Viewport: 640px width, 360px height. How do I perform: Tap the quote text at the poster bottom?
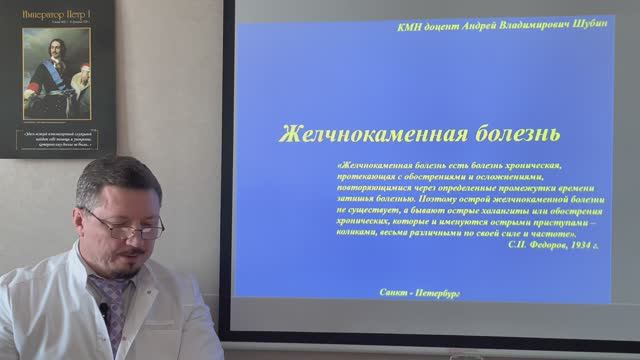(57, 140)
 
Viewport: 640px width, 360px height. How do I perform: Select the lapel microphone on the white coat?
(103, 313)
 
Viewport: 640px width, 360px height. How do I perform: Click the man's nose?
(141, 239)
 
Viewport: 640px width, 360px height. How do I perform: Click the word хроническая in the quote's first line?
(532, 162)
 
